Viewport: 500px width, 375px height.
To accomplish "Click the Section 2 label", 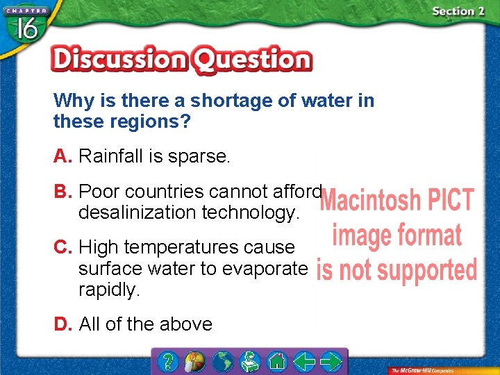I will (x=458, y=11).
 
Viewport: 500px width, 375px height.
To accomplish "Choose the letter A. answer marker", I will (x=63, y=156).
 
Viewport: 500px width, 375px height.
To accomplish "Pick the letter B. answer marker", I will (x=63, y=191).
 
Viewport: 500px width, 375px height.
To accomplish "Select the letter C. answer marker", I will (x=63, y=247).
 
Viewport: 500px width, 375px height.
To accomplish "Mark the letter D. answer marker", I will (x=63, y=324).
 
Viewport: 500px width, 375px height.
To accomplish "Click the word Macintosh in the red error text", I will (x=369, y=201).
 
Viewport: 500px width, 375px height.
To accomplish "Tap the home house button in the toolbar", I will (x=277, y=362).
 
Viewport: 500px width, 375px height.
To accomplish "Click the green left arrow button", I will (x=303, y=362).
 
